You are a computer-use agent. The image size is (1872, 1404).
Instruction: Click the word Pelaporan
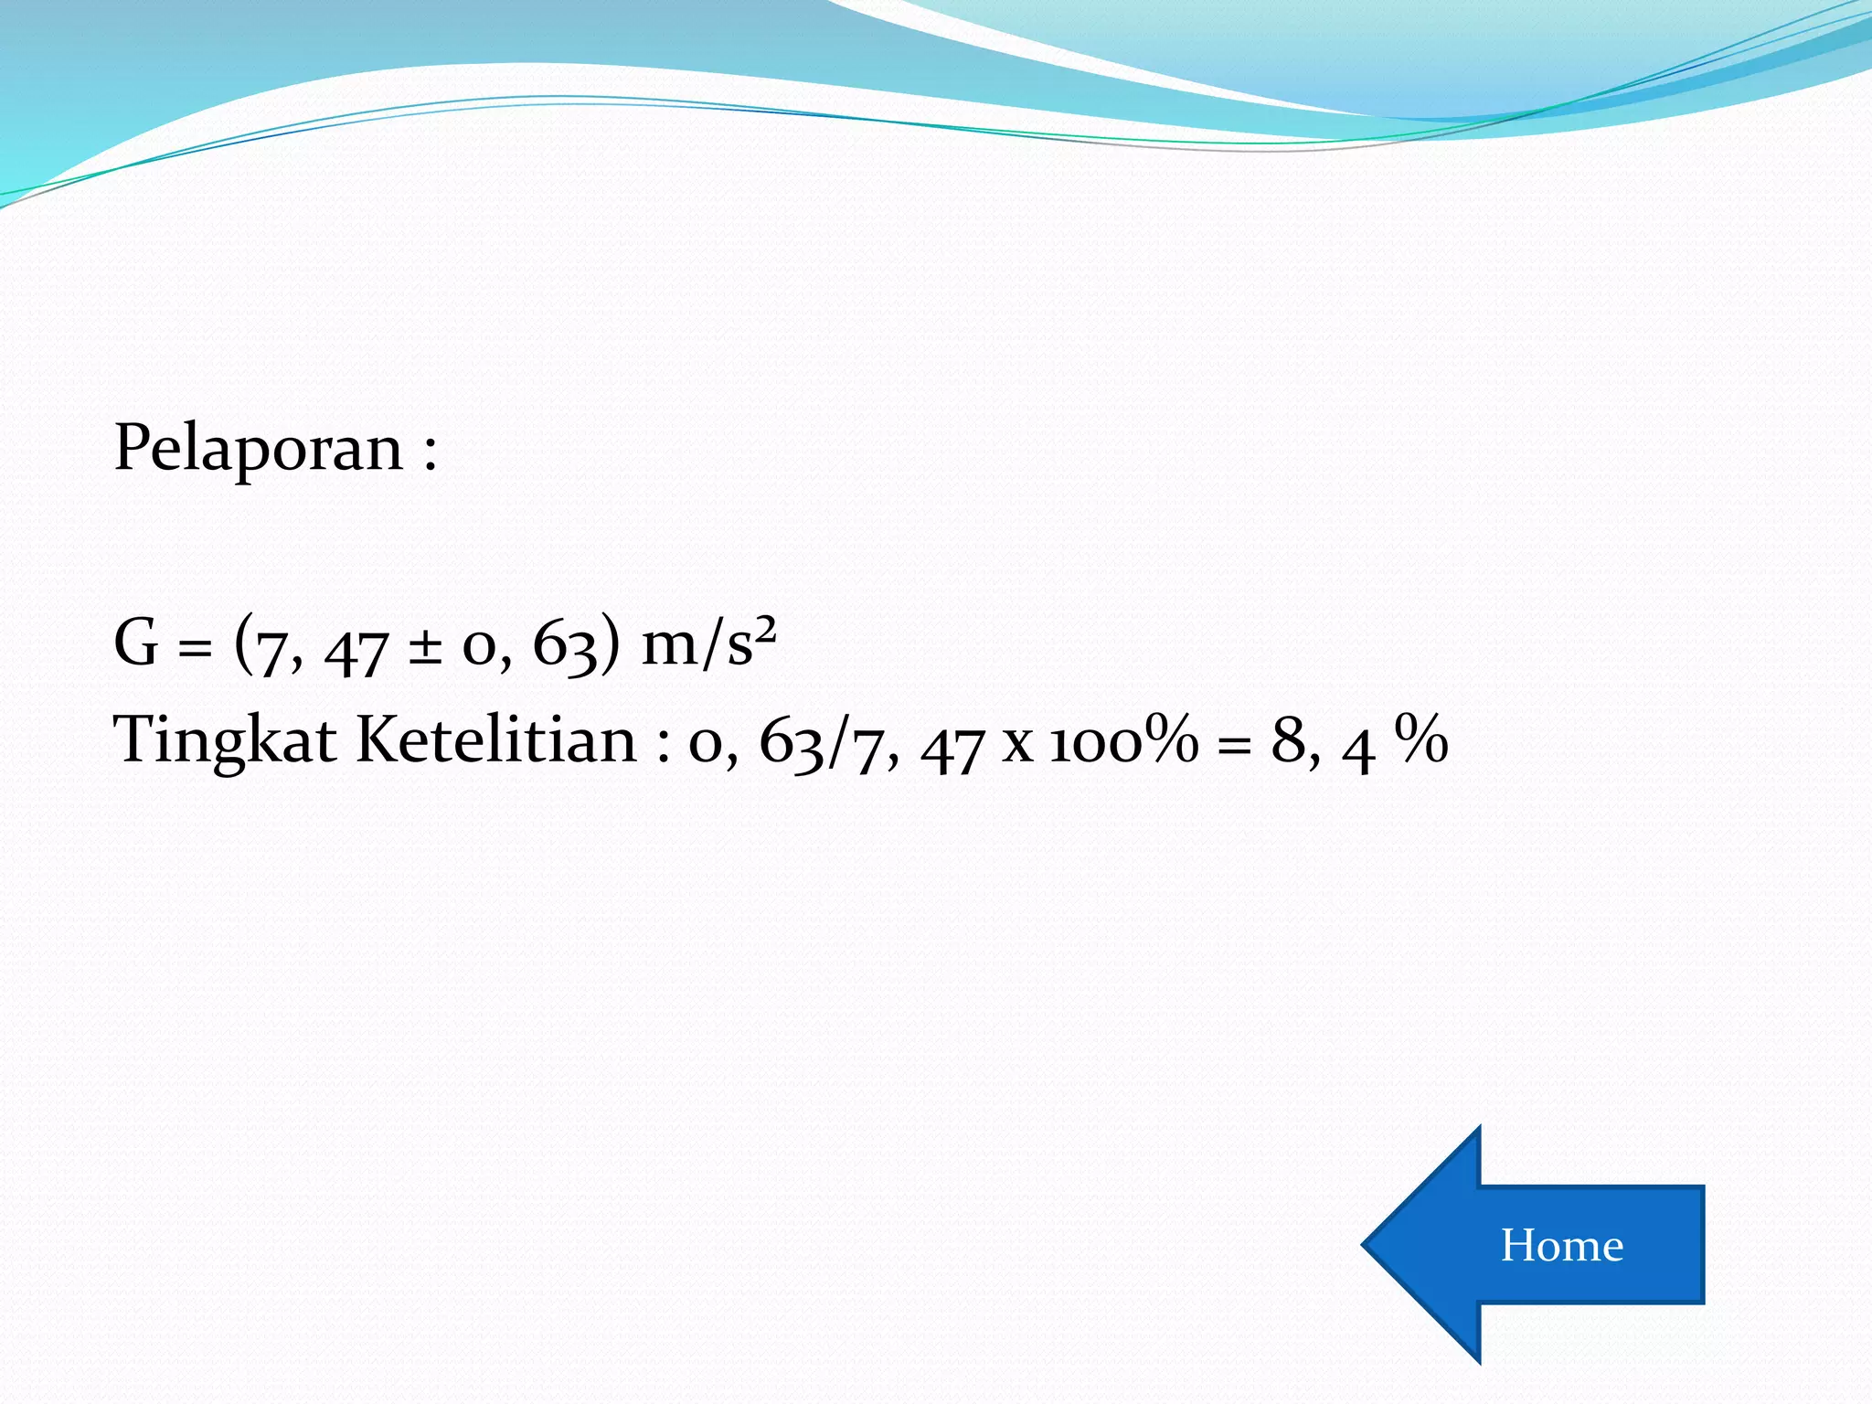point(258,450)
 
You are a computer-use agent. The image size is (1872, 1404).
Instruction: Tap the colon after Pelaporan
point(430,452)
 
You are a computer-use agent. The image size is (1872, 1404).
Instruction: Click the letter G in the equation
point(136,643)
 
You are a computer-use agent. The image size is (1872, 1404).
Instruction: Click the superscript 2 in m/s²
point(765,629)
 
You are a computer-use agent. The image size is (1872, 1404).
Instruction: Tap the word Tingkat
point(224,739)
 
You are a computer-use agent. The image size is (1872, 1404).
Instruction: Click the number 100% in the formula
point(1123,739)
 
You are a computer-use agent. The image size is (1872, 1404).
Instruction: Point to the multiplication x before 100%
point(1016,744)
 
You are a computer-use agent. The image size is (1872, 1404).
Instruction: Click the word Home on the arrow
point(1561,1245)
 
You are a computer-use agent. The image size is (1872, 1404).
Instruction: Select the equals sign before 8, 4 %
point(1234,746)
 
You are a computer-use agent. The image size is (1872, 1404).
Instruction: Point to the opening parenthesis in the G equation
point(243,643)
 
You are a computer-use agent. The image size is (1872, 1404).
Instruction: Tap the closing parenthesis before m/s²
point(610,643)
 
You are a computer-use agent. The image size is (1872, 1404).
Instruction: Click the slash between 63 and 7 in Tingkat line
point(833,741)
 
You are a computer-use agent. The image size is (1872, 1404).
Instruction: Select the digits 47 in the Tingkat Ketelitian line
point(952,748)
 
